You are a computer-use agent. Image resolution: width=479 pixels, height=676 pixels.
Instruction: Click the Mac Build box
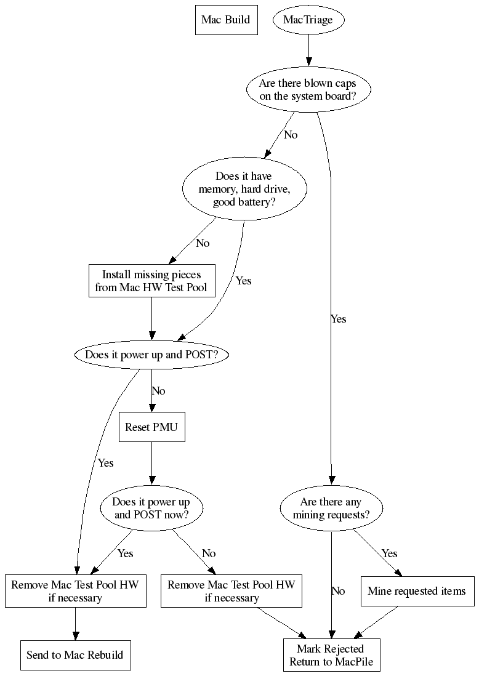coord(225,20)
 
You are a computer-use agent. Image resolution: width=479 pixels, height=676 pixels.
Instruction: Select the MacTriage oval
coord(308,20)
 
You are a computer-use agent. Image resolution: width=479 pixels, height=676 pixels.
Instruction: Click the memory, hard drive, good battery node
coord(244,189)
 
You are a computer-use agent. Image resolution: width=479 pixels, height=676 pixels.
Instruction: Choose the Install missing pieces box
coord(151,281)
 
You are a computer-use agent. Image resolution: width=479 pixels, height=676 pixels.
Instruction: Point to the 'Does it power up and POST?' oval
coord(147,355)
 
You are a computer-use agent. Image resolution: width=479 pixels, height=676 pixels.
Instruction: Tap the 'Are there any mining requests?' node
coord(331,508)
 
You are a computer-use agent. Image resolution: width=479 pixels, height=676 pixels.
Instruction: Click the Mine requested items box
coord(417,591)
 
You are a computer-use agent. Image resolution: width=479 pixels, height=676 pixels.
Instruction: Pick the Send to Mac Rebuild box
coord(74,654)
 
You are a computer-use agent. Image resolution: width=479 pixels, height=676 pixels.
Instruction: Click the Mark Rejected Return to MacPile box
coord(331,656)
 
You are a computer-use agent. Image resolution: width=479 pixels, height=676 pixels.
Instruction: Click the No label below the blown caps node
coord(291,134)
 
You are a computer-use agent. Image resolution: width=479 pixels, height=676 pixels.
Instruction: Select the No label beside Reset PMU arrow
coord(158,391)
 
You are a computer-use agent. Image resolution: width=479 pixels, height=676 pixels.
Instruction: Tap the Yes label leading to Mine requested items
coord(389,553)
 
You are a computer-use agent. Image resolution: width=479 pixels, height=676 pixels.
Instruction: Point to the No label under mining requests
coord(338,591)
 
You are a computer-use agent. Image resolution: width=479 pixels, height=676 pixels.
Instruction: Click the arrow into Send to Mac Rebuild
coord(75,623)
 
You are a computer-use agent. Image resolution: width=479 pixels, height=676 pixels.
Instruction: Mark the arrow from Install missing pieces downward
coord(151,319)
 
